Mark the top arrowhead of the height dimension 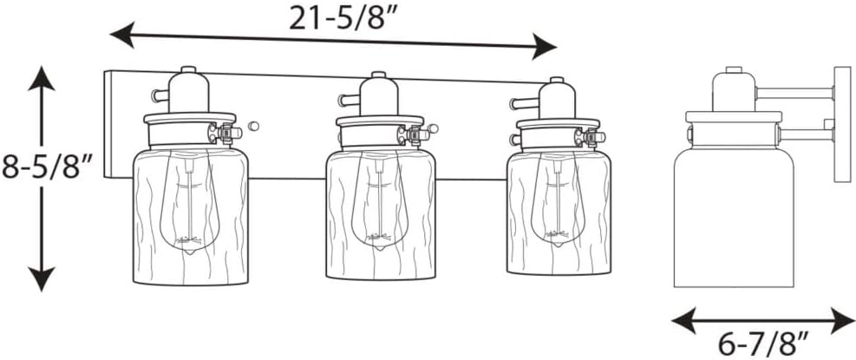(x=41, y=77)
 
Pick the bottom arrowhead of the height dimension (x=41, y=278)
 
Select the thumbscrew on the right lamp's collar (x=595, y=137)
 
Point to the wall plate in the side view (x=842, y=124)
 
